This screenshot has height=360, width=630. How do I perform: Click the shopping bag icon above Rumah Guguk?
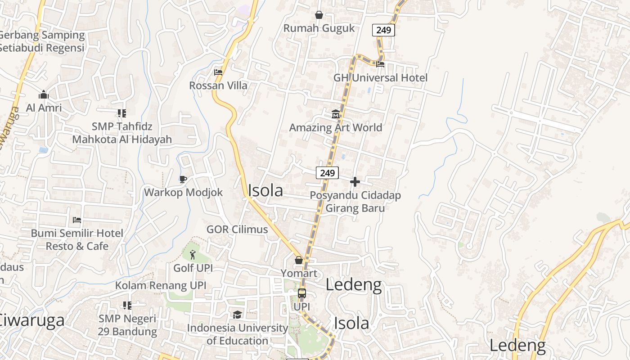click(319, 15)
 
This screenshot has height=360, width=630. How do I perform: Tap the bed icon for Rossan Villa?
click(218, 72)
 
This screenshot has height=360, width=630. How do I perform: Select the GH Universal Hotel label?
click(380, 77)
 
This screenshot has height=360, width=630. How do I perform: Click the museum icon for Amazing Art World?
click(336, 114)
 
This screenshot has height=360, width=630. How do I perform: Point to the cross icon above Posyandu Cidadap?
click(355, 182)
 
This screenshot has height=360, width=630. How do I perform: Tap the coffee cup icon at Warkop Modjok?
click(183, 179)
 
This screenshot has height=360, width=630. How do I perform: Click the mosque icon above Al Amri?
click(44, 94)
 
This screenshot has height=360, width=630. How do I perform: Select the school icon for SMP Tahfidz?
click(122, 113)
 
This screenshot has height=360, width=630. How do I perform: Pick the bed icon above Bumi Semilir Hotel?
click(77, 220)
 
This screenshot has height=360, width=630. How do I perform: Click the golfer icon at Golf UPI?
click(193, 255)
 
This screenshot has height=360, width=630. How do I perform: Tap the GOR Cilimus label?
click(237, 229)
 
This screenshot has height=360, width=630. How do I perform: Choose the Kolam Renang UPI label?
click(161, 285)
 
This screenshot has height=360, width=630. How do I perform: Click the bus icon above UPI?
click(302, 293)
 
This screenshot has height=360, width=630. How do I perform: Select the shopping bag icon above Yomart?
click(299, 260)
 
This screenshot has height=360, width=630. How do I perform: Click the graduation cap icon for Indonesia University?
click(237, 315)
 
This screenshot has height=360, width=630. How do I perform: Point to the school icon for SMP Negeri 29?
click(127, 306)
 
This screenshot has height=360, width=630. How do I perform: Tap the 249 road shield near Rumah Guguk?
click(383, 30)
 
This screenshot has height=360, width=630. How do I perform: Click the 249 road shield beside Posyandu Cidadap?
click(327, 173)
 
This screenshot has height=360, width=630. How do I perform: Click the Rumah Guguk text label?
click(319, 28)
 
